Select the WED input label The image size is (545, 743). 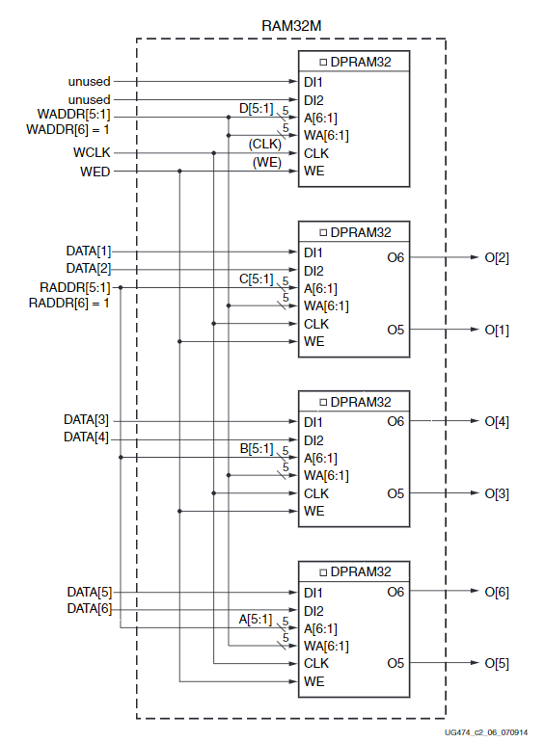(x=95, y=172)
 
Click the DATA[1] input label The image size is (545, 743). (x=89, y=252)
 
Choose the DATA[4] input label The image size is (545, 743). (x=87, y=438)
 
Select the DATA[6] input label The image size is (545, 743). (x=89, y=609)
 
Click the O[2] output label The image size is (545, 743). (x=496, y=258)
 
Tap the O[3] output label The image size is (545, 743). (x=496, y=493)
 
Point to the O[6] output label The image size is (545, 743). (x=496, y=592)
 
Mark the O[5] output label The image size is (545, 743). (x=496, y=663)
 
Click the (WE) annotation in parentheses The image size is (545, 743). (x=267, y=162)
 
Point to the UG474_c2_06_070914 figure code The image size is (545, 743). (x=486, y=732)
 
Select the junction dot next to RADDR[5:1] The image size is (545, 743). (x=121, y=287)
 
